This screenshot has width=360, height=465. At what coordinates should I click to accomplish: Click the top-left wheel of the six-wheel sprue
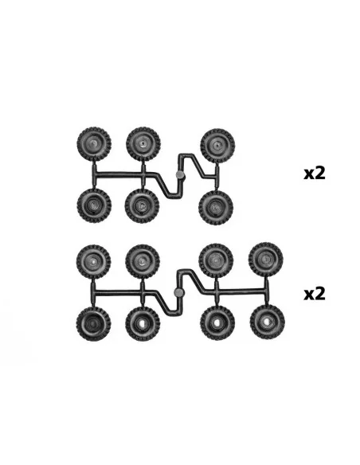coord(94,144)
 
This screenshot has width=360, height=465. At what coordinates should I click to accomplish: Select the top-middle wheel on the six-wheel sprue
coord(143,144)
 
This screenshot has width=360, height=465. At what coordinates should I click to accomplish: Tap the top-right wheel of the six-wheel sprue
coord(217,146)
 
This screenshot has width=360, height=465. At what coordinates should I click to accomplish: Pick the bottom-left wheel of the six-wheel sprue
coord(94,205)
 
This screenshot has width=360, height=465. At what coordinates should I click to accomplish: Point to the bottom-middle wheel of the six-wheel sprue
coord(142,205)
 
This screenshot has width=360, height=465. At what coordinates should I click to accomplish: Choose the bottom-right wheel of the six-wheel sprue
coord(216,207)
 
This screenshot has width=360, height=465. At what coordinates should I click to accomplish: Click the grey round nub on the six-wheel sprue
coord(180,175)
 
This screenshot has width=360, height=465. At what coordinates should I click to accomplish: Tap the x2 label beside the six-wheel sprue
coord(315,174)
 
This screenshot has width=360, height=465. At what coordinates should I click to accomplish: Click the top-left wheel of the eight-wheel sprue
coord(94,262)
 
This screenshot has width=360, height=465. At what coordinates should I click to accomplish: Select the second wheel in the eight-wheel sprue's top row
coord(143,261)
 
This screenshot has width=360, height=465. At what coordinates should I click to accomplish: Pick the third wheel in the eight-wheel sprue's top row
coord(216,260)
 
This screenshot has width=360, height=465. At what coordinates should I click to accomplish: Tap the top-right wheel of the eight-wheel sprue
coord(266,260)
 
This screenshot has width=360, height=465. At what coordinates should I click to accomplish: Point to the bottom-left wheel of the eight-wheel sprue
coord(93,324)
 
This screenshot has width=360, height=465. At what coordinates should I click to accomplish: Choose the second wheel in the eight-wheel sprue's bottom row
coord(143,324)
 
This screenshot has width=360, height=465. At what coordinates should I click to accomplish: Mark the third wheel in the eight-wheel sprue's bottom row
coord(217,323)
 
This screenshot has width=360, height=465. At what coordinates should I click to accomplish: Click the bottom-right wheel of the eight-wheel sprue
coord(267,322)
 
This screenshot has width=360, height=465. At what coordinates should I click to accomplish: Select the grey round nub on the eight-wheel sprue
coord(179,292)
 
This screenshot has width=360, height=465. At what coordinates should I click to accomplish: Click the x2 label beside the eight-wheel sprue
coord(315,294)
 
